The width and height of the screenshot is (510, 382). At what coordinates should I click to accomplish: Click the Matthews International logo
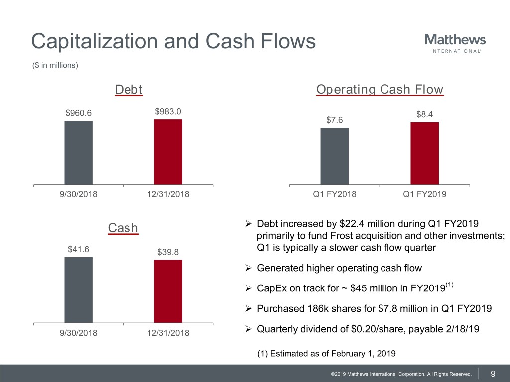click(x=455, y=43)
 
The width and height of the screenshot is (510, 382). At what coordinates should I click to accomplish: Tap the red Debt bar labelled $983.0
click(x=168, y=152)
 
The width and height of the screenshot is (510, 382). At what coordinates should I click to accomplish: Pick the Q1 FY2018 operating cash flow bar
click(x=334, y=156)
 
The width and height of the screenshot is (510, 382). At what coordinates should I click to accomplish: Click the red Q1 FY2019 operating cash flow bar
click(x=424, y=153)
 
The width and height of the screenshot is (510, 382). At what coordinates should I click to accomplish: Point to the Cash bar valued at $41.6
click(x=78, y=290)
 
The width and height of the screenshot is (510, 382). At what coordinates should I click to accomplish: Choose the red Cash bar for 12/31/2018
click(x=168, y=291)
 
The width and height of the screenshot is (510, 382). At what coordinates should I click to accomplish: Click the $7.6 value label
click(x=335, y=120)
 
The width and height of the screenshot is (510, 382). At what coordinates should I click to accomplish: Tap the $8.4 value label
click(x=424, y=115)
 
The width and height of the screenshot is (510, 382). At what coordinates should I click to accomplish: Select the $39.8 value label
click(x=168, y=252)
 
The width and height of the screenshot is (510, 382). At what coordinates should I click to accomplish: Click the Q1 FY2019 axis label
click(x=424, y=194)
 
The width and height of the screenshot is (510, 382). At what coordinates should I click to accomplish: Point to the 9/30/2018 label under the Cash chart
click(x=78, y=333)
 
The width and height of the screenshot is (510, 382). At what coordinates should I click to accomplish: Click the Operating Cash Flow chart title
click(x=380, y=90)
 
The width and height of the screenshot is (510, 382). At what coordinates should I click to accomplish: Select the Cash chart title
click(x=123, y=228)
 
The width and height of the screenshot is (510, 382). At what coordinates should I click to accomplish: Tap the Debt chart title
click(x=128, y=90)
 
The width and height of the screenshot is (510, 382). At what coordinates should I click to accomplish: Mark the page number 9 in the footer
click(x=493, y=374)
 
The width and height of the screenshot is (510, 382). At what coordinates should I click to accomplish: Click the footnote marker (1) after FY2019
click(x=449, y=285)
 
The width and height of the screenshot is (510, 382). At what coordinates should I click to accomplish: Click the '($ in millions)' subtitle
click(x=55, y=65)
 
